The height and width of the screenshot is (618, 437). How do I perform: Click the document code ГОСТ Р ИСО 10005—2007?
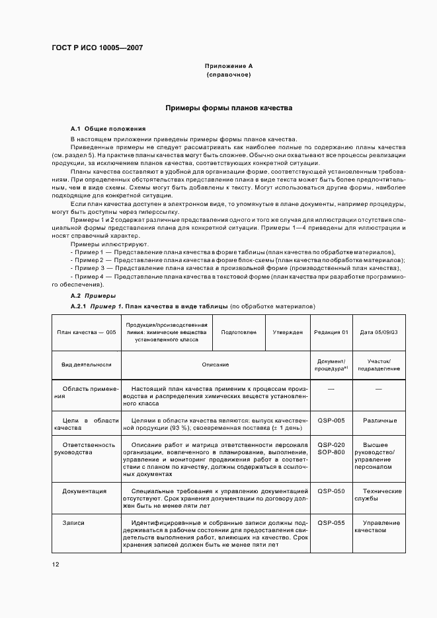(x=97, y=48)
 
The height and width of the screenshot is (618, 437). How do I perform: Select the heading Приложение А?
(x=228, y=67)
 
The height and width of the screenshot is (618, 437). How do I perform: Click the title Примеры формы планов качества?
(x=228, y=108)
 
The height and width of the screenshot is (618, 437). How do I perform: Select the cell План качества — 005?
(x=87, y=332)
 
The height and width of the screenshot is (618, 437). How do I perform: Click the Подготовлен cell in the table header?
(x=239, y=332)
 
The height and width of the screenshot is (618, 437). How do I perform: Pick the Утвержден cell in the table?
(x=288, y=332)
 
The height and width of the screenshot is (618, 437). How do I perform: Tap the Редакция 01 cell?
(x=331, y=332)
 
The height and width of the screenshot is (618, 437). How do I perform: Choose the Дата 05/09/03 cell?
(x=379, y=332)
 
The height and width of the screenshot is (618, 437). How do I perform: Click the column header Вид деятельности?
(x=87, y=364)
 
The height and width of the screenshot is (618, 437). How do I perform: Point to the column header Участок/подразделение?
(x=379, y=364)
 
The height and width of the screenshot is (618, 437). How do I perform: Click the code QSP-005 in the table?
(x=331, y=420)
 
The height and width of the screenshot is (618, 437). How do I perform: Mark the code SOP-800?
(x=331, y=452)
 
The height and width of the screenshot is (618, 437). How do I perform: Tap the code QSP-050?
(x=331, y=491)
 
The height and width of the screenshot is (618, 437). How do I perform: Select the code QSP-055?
(x=331, y=522)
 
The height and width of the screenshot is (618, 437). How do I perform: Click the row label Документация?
(x=85, y=491)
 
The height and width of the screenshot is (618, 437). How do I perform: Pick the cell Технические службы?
(x=379, y=495)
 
